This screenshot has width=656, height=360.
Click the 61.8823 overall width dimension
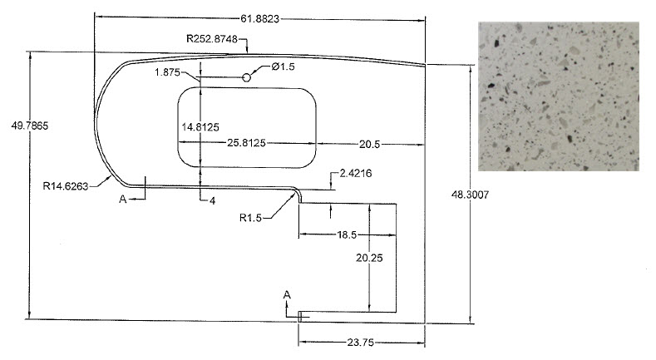[259, 19]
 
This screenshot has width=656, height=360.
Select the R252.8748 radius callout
[212, 39]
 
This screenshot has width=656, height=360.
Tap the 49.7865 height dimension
[30, 126]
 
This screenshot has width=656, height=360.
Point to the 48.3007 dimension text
[470, 195]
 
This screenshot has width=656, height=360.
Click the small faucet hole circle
[247, 77]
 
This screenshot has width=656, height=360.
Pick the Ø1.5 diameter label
[284, 67]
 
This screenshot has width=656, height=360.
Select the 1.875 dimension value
[167, 72]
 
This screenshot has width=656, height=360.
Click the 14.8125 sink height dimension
[200, 127]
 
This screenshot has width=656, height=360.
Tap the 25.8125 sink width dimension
[246, 143]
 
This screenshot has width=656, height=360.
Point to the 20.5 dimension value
[369, 145]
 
